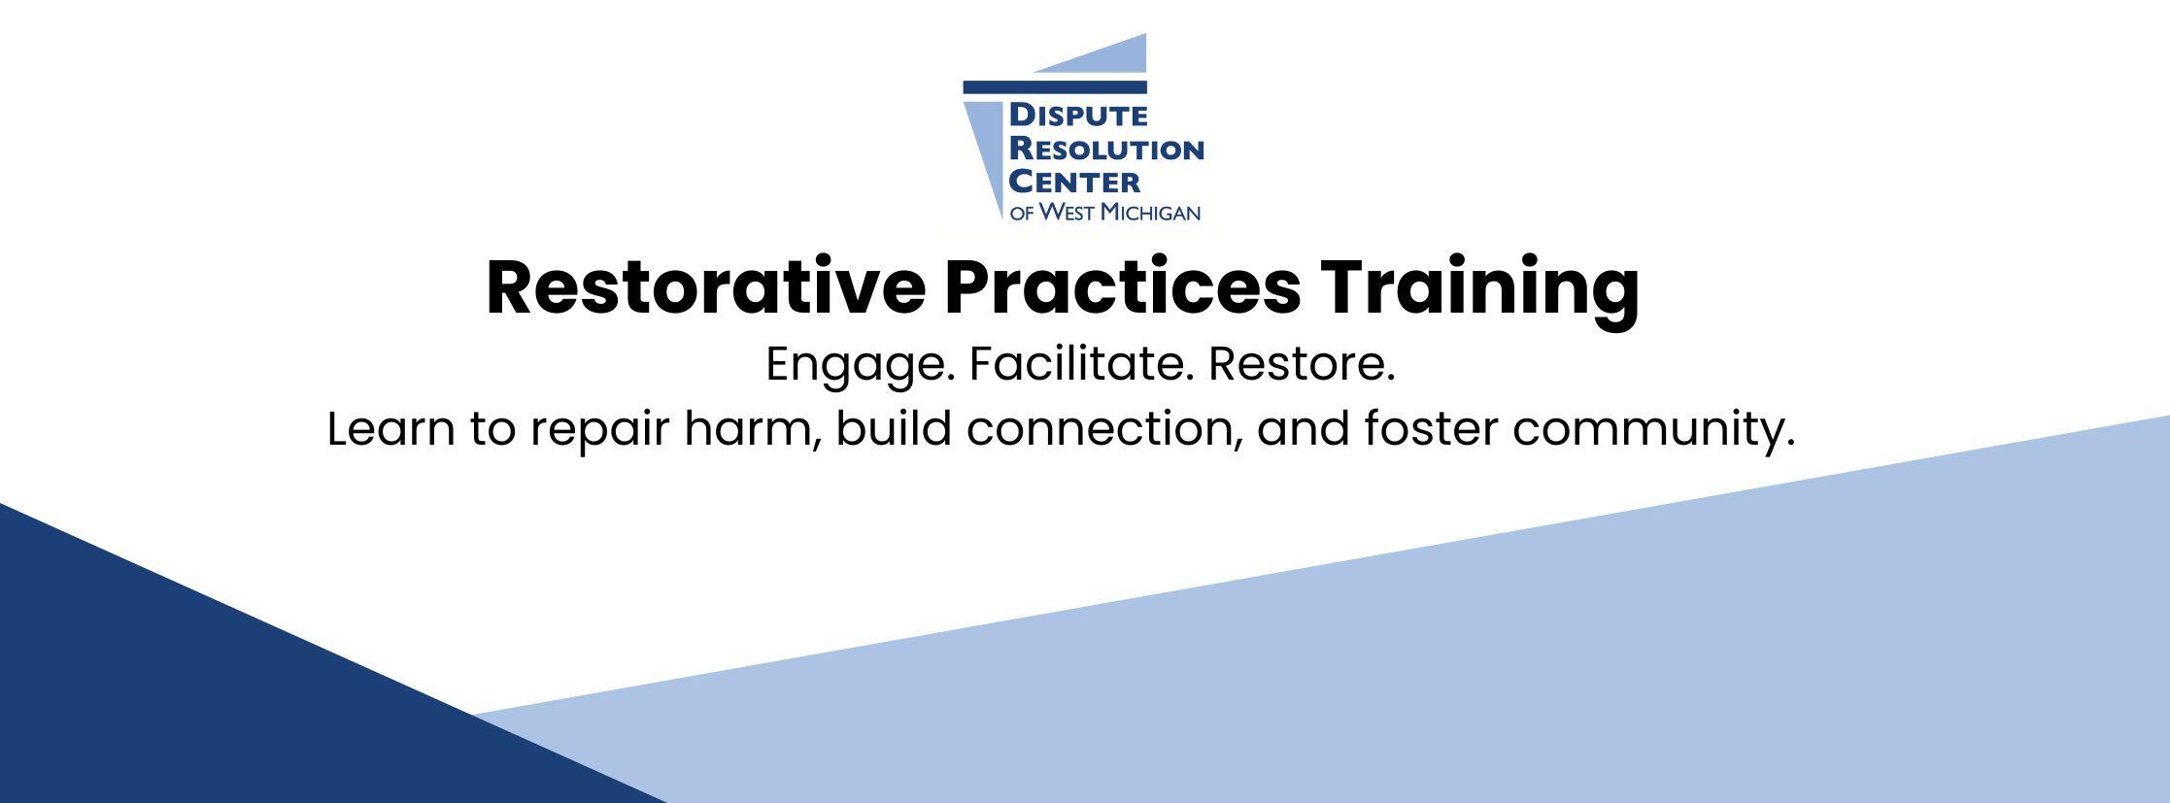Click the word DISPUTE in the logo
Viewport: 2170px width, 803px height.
(1078, 117)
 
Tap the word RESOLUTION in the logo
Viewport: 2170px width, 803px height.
(1106, 150)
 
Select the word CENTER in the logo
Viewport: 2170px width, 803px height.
(1074, 182)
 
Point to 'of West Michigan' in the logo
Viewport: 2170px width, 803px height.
(1105, 212)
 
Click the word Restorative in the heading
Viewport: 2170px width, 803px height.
(705, 287)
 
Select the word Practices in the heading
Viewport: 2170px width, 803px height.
(1122, 287)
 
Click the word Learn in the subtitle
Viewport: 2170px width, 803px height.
(390, 429)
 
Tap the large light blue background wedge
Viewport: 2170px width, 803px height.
(1457, 660)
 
